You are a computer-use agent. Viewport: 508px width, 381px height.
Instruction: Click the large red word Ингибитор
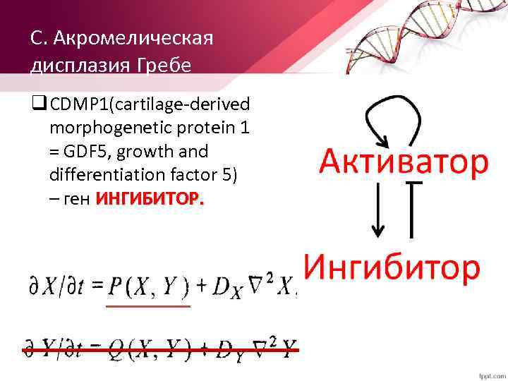click(392, 268)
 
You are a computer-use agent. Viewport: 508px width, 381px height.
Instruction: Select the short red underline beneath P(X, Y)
click(148, 306)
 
